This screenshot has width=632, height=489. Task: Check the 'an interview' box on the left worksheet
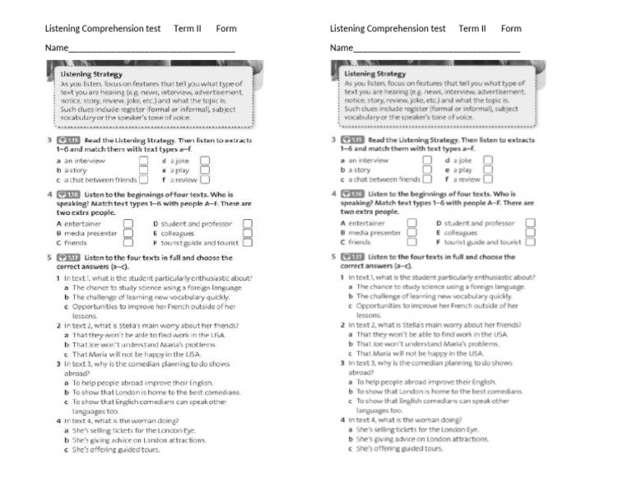click(x=143, y=161)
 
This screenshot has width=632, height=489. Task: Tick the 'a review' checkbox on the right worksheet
click(x=488, y=179)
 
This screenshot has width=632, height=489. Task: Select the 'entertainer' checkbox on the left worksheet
click(x=128, y=223)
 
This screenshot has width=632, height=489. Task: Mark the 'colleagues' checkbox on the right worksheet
click(x=530, y=232)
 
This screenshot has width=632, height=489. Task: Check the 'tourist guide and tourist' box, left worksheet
click(x=248, y=242)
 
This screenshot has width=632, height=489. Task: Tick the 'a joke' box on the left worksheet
click(x=204, y=161)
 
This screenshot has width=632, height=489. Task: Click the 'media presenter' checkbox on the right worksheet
click(x=411, y=232)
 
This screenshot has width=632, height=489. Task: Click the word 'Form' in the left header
click(x=226, y=29)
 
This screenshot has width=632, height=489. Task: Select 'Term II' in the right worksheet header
click(x=472, y=29)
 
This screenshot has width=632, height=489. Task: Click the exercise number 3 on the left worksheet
click(x=49, y=141)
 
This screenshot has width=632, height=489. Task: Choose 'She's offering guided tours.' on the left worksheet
click(x=116, y=449)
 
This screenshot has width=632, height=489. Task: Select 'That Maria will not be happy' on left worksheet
click(x=136, y=353)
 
